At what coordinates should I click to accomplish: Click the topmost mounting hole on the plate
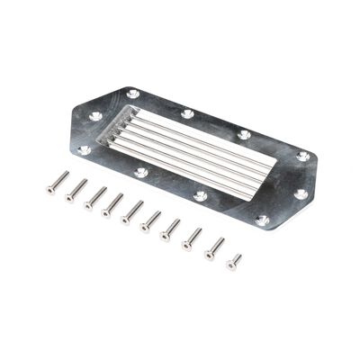[134, 94]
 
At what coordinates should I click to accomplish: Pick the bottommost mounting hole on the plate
[262, 220]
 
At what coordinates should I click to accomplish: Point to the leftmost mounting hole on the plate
[85, 149]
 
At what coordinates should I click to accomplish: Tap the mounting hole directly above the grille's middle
[187, 114]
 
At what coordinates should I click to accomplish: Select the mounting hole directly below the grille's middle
[201, 195]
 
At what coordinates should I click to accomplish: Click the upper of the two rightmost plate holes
[303, 157]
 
